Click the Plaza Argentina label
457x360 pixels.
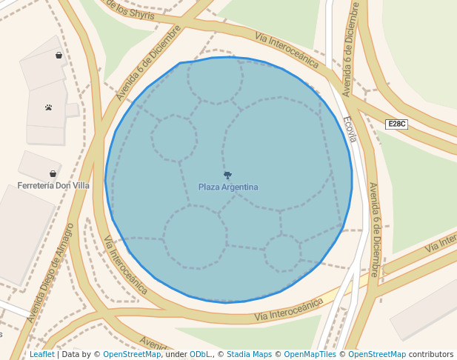point(228,187)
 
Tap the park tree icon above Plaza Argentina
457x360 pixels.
point(227,176)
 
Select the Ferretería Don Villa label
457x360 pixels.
point(53,185)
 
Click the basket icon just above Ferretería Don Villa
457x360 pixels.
point(53,173)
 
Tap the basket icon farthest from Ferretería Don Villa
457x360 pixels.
point(59,55)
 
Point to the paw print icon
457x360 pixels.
point(48,107)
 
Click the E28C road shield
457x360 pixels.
point(397,124)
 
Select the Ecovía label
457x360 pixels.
point(350,129)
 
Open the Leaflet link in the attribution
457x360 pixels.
point(41,355)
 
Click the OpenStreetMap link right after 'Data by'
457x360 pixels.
point(131,355)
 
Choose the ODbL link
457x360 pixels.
point(200,355)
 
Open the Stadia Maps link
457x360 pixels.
point(249,355)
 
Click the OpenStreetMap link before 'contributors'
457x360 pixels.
point(377,355)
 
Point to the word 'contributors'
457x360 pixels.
point(431,355)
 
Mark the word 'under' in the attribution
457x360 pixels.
point(176,355)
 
